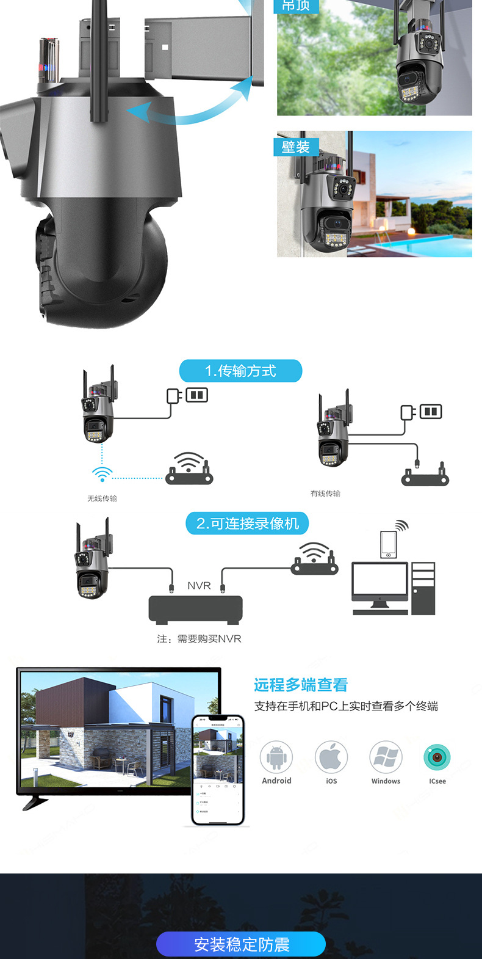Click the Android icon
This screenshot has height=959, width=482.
coord(276,757)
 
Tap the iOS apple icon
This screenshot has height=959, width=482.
coord(331,757)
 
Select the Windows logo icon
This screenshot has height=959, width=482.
coord(386,757)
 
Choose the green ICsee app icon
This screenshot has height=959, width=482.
coord(437,757)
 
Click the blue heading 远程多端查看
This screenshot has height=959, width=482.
coord(301,685)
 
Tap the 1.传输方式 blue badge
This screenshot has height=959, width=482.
coord(240,371)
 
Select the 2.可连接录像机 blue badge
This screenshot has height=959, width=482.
coord(247,523)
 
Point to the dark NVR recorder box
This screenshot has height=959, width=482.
coord(196,609)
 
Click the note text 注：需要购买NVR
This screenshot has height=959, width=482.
coord(199,639)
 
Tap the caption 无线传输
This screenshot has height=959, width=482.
coord(102,498)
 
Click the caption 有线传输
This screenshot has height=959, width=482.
coord(325,494)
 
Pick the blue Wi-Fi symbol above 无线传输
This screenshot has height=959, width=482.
coord(102,474)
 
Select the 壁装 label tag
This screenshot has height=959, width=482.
coord(296,147)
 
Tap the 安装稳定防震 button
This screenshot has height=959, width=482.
coord(241,944)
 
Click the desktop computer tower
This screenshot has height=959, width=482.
coord(423,588)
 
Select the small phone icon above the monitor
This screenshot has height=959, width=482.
coord(389,544)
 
